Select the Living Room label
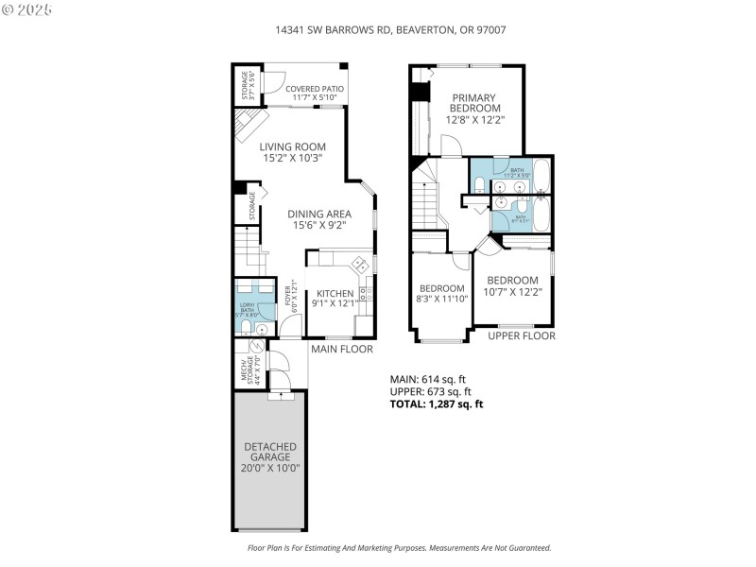pos(293,152)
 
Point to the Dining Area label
pos(318,219)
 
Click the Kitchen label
pos(335,298)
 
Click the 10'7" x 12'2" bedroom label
pos(512,285)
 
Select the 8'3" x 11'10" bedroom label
pos(442,294)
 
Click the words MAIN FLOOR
pos(341,350)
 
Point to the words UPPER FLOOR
pos(521,336)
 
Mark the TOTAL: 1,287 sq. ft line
pos(437,404)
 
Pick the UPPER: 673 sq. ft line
pos(431,391)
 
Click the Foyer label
pos(291,299)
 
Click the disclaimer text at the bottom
pos(399,548)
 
